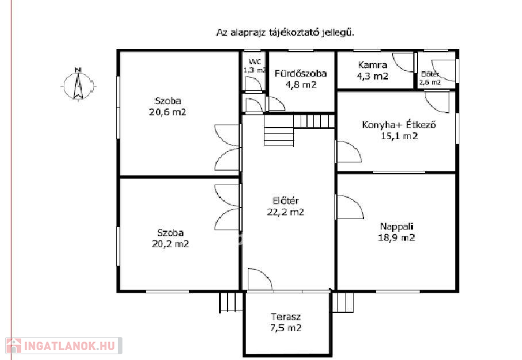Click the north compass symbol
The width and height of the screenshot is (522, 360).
[x=78, y=85]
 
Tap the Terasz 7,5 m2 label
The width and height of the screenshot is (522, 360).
[x=286, y=323]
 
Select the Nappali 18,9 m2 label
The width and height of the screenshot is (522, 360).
[x=397, y=232]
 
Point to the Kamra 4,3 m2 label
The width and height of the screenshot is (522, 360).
[x=373, y=70]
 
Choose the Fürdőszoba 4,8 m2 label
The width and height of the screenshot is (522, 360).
[x=301, y=79]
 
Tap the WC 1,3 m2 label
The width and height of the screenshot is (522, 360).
[x=255, y=66]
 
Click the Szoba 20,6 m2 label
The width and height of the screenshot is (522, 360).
[x=167, y=106]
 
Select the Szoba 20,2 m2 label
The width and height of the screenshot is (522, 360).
[x=170, y=238]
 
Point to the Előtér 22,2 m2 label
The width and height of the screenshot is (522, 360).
[x=285, y=206]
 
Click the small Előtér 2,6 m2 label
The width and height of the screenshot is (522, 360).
[x=430, y=78]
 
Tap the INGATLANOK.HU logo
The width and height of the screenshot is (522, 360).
[x=64, y=346]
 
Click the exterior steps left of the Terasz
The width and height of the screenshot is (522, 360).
[x=231, y=302]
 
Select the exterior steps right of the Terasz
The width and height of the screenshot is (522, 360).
[x=343, y=302]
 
